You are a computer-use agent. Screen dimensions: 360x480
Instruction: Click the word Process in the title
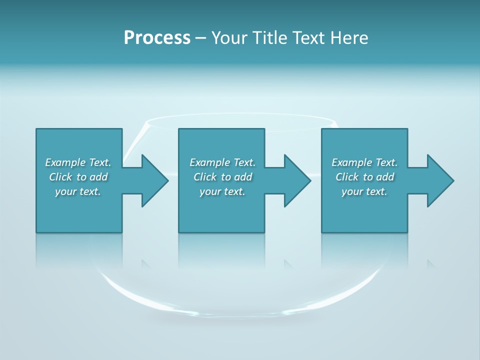[x=157, y=38]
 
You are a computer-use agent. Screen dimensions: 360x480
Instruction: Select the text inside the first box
[x=78, y=177]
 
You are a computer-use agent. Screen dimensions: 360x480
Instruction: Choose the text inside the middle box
[x=222, y=177]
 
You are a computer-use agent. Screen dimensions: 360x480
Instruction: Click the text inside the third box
[x=364, y=177]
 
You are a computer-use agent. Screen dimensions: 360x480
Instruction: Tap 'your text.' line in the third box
[x=364, y=191]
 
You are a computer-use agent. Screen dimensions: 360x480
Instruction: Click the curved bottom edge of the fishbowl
[x=240, y=312]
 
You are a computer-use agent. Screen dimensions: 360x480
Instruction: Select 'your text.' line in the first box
[x=78, y=191]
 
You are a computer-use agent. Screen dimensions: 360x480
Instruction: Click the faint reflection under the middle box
[x=221, y=250]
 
